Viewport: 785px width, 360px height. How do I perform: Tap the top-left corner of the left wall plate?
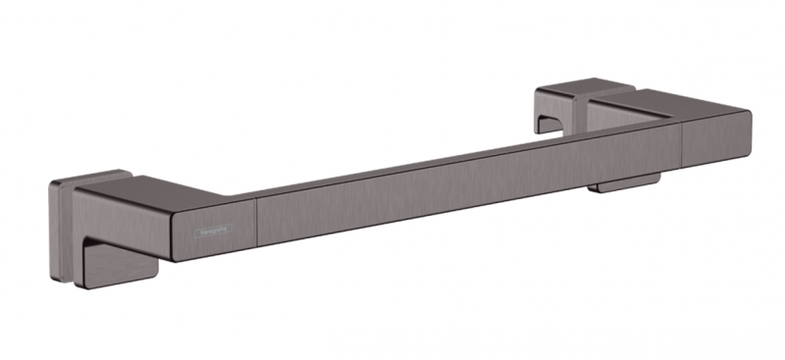[51, 183]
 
